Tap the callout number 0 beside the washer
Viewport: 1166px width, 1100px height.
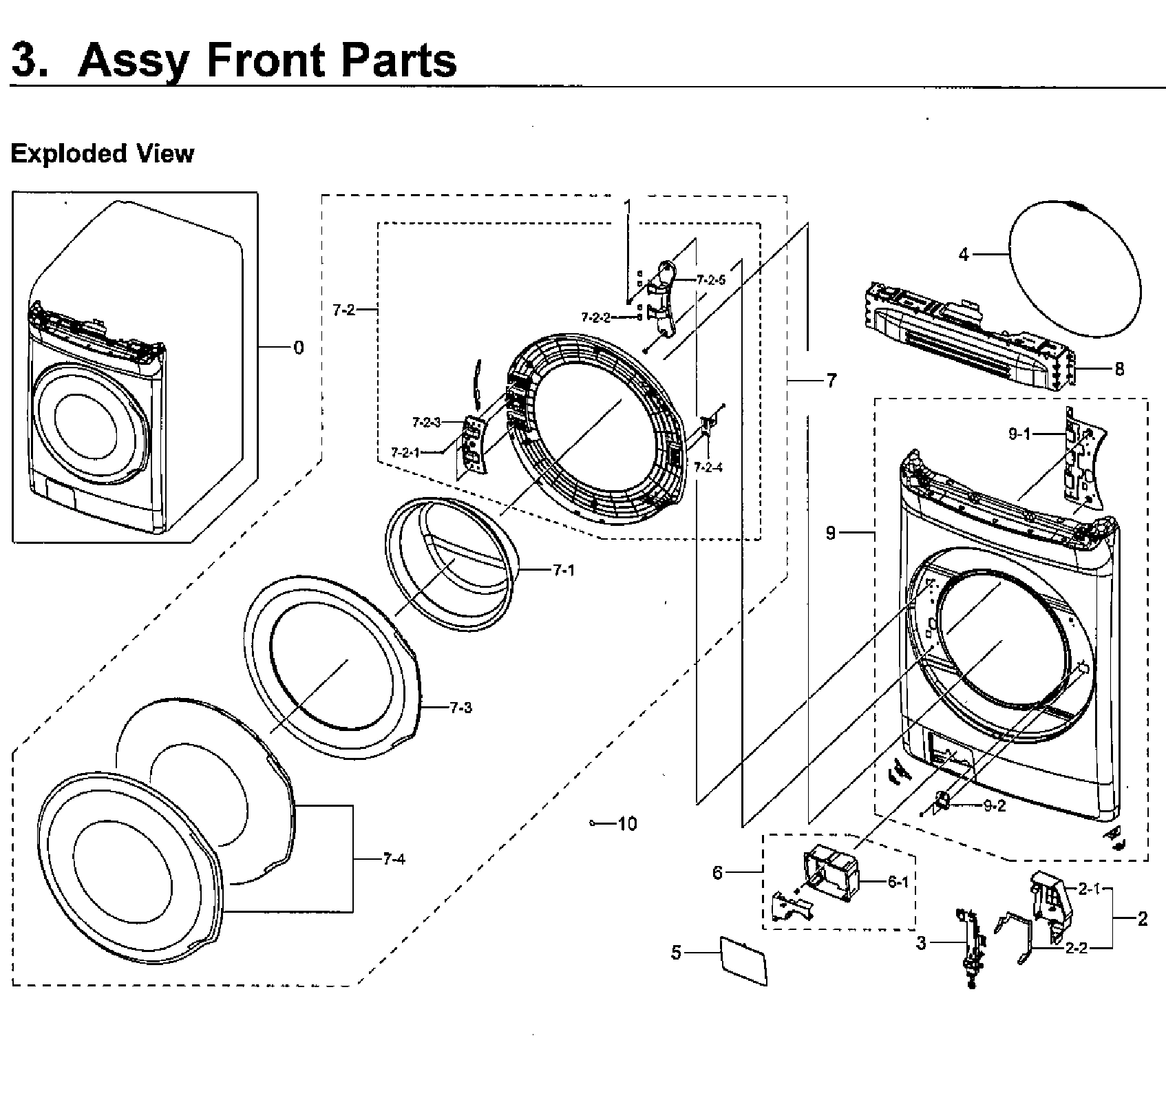click(298, 348)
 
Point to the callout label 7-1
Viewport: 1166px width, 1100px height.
click(562, 570)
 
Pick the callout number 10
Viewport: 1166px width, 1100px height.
click(627, 823)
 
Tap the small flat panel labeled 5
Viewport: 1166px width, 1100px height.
click(742, 960)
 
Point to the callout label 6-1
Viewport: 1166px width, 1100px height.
click(898, 882)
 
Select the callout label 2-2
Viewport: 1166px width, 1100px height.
click(1076, 948)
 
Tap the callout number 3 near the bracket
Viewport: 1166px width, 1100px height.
click(921, 943)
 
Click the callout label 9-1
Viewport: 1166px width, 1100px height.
click(1019, 434)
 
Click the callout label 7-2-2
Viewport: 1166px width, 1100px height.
click(595, 317)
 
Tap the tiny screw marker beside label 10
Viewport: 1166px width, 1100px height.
click(593, 823)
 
